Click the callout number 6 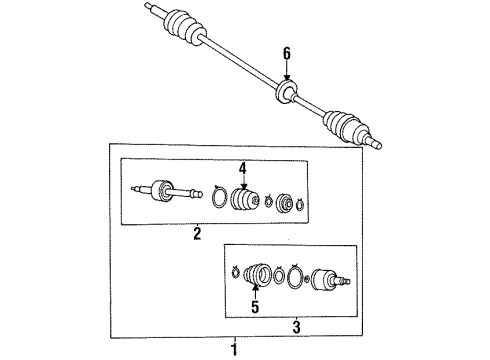287,54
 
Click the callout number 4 243,169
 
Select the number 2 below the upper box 197,233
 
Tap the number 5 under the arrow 255,307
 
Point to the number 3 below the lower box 296,327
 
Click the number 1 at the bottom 235,350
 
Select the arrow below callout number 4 244,183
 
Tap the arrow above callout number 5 255,291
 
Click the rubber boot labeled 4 245,200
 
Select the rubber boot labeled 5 257,275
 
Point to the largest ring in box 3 295,276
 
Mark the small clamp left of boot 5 236,272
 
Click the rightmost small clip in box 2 299,204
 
